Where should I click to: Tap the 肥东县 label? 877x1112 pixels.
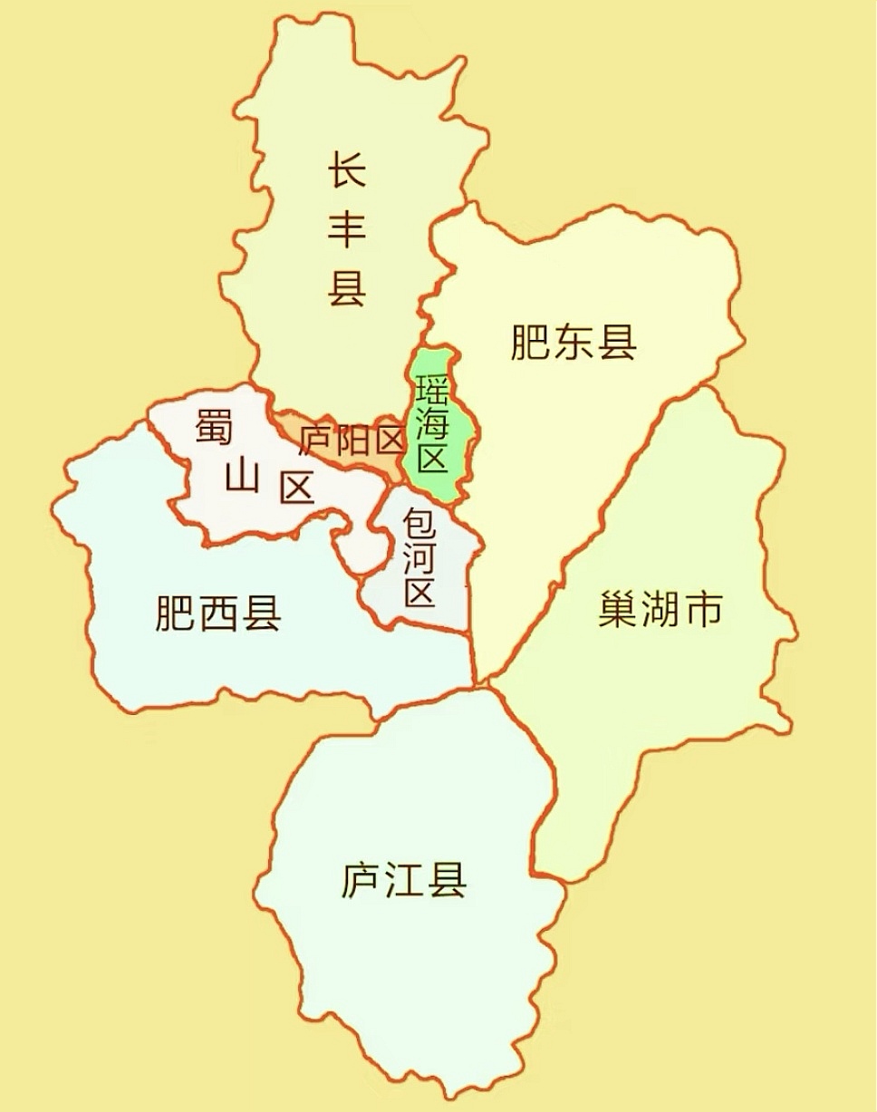[573, 343]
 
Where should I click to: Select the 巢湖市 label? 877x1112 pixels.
[660, 609]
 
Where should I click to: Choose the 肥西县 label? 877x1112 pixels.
[218, 613]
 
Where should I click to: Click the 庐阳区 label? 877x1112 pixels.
[352, 441]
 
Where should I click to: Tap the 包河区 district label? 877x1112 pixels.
[419, 557]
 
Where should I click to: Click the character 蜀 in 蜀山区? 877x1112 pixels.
[214, 426]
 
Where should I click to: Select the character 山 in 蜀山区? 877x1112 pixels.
[242, 475]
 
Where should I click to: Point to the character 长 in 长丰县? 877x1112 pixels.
[347, 169]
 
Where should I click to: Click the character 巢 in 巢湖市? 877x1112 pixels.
[619, 609]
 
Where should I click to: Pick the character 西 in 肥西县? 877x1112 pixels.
[218, 613]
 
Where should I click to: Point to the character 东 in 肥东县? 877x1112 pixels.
[573, 343]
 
